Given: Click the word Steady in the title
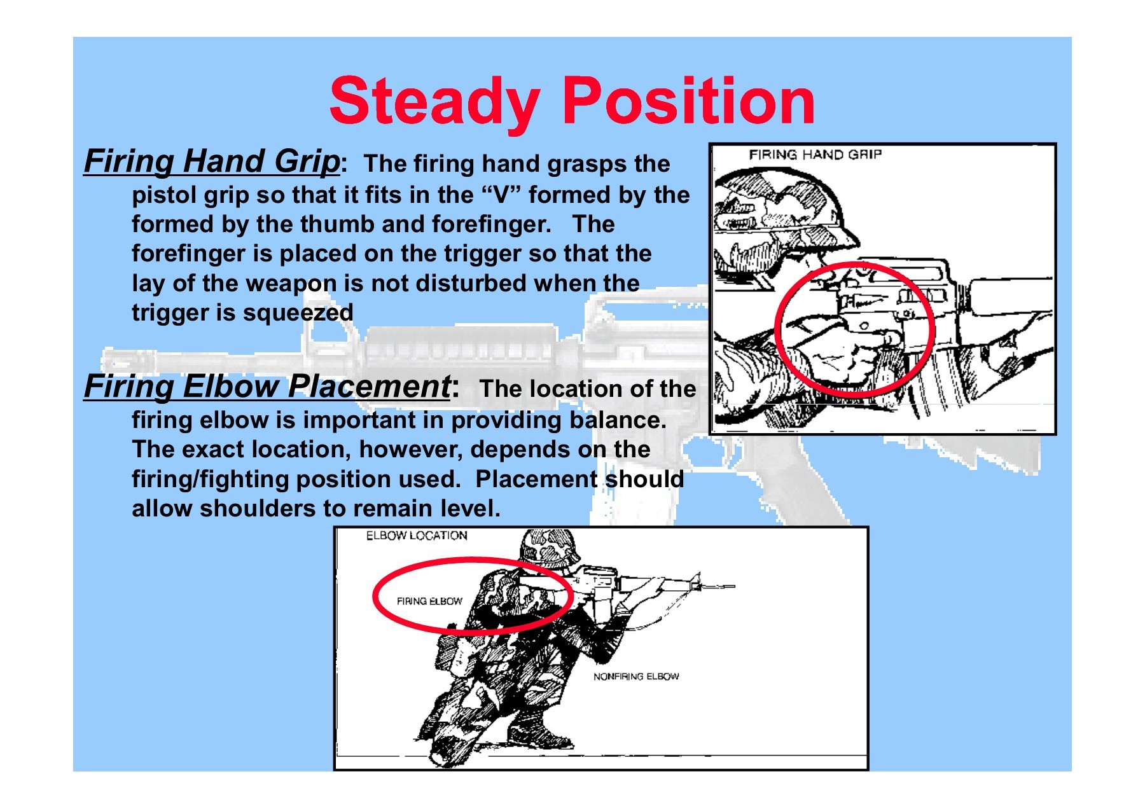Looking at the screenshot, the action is pos(435,102).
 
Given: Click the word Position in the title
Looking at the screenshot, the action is pos(689,100).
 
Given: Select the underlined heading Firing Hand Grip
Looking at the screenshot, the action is pos(212,162).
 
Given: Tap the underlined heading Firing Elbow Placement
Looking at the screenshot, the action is pos(267,387).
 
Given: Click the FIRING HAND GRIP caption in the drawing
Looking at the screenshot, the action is pos(815,155).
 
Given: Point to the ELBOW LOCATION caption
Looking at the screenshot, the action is pos(417,536).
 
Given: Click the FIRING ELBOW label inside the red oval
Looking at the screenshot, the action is pos(429,601).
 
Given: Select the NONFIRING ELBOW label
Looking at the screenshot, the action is pos(636,676).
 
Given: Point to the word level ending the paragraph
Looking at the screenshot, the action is pos(471,508).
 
